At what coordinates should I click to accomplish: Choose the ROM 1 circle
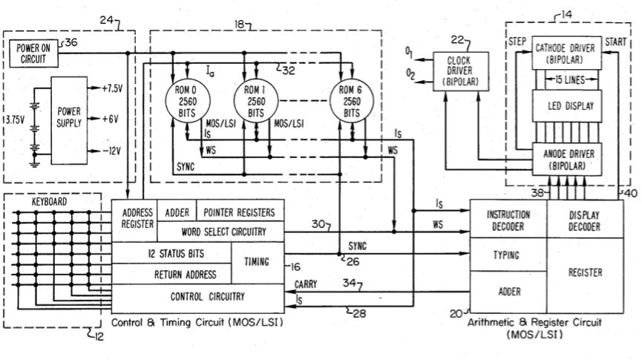[x=255, y=101]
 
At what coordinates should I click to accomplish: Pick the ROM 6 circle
[x=349, y=101]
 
